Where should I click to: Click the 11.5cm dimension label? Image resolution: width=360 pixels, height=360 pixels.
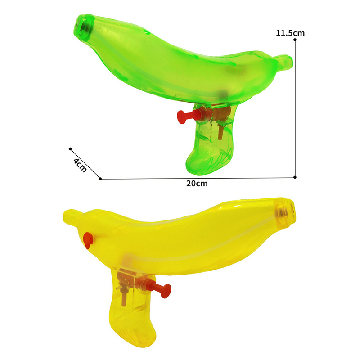pyautogui.click(x=290, y=33)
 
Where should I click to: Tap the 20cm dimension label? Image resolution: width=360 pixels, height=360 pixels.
pyautogui.click(x=197, y=184)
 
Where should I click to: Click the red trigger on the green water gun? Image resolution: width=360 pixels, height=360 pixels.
pyautogui.click(x=187, y=116)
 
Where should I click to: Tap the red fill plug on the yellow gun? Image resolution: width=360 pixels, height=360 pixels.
pyautogui.click(x=88, y=240)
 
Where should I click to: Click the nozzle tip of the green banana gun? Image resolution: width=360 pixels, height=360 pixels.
pyautogui.click(x=82, y=27)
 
